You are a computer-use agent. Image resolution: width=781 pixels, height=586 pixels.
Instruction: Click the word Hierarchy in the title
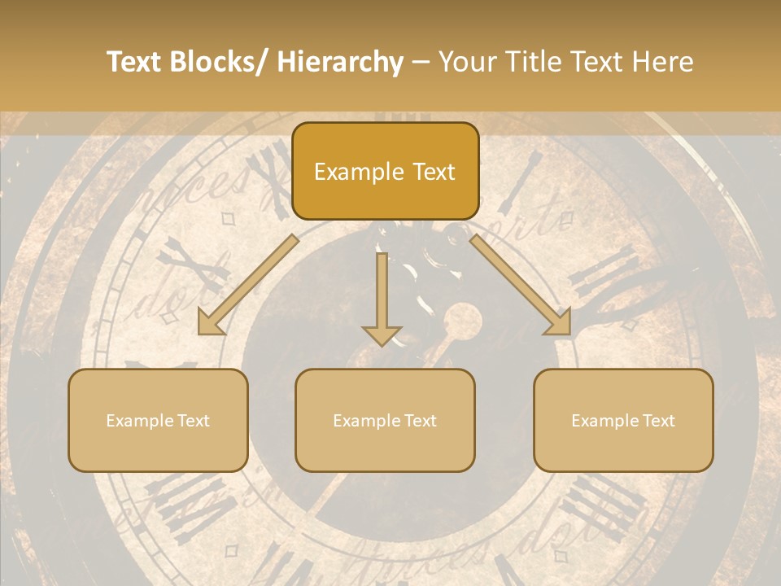[339, 63]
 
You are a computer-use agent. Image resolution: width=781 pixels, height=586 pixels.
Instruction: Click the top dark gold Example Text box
[385, 172]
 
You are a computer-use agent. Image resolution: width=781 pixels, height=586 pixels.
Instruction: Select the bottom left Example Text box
[158, 420]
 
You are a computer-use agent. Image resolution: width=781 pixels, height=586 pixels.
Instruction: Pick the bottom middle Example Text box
[385, 420]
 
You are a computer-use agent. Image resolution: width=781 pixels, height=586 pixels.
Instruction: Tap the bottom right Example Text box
[623, 420]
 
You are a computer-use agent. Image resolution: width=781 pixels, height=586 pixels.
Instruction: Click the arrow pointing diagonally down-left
[248, 285]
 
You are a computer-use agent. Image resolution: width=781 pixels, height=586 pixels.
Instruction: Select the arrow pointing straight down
[382, 298]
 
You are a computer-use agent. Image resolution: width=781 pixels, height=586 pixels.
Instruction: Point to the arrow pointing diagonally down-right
[521, 285]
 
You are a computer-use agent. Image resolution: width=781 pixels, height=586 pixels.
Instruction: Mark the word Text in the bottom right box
[658, 421]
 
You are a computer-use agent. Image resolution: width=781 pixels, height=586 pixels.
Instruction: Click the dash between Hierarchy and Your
[421, 63]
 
